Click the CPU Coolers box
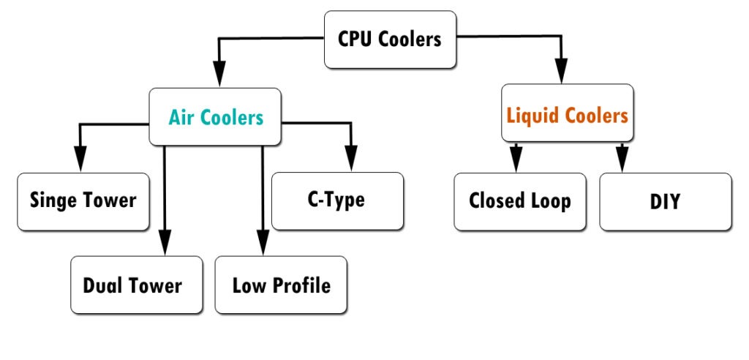[391, 39]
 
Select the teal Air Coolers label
[216, 117]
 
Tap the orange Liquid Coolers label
[568, 115]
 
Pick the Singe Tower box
[83, 200]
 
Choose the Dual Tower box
[136, 285]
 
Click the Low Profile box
[281, 285]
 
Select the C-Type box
[337, 200]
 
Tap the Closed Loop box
[519, 200]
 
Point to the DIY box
[665, 201]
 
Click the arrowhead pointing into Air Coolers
[218, 76]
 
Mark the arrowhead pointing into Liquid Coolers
[562, 73]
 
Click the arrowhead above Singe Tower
[80, 158]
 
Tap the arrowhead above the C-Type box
[351, 158]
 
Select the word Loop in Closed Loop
[551, 200]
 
